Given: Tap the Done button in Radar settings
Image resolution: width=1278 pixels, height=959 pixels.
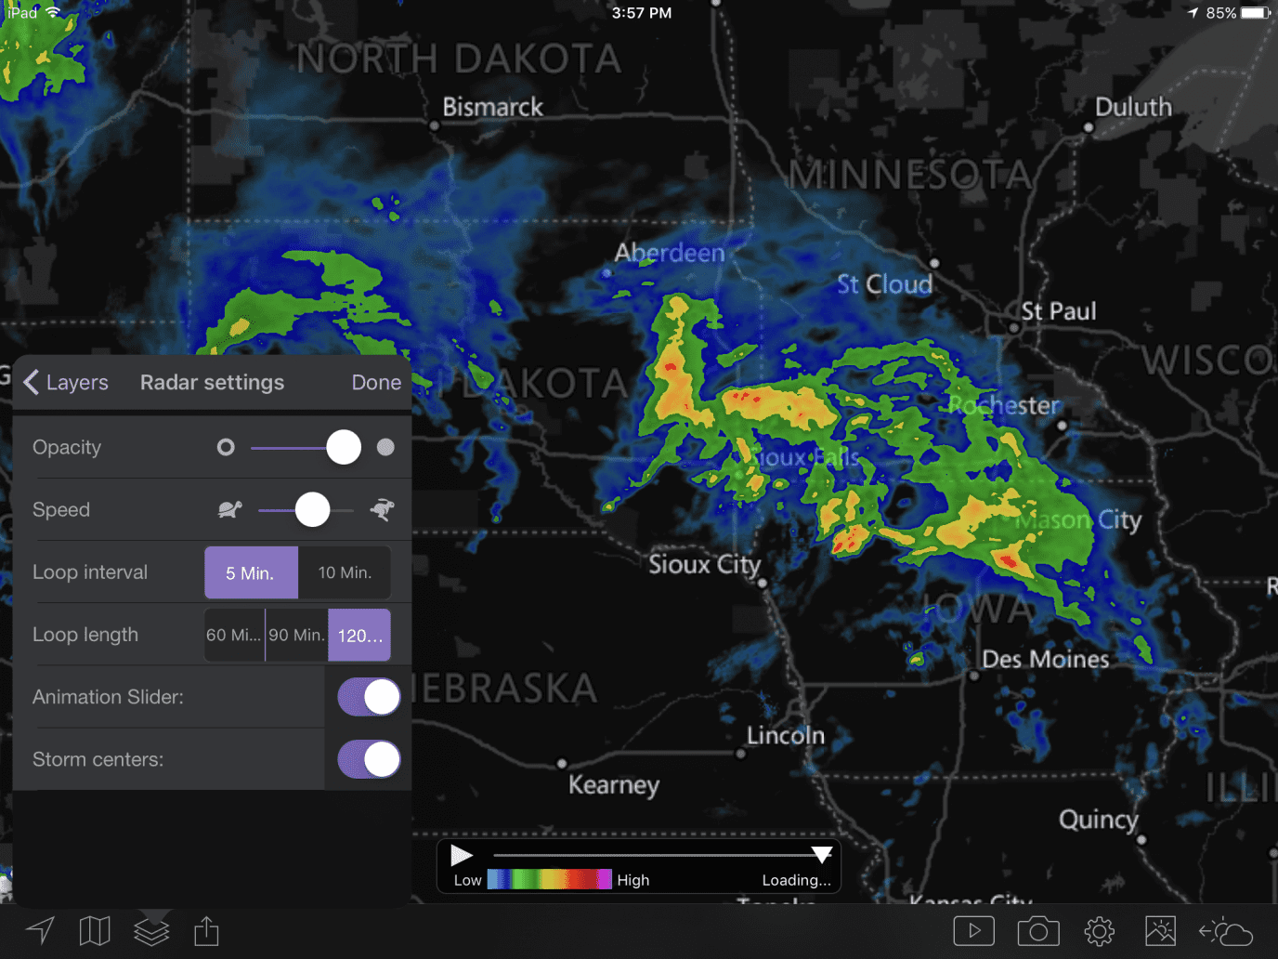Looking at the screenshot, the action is (376, 383).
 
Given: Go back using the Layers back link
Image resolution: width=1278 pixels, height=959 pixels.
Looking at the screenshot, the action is (66, 383).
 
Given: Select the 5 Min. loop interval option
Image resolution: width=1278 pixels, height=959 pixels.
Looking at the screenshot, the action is (251, 572).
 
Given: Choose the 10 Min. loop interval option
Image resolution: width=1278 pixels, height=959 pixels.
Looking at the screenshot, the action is (345, 572).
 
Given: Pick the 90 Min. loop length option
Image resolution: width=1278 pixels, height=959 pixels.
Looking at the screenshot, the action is (296, 636).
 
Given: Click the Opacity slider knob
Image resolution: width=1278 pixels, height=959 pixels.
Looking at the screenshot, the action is (344, 447).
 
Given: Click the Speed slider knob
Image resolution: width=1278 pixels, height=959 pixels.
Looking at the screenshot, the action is (312, 509).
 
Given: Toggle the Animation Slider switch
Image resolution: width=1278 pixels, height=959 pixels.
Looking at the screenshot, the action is (369, 697).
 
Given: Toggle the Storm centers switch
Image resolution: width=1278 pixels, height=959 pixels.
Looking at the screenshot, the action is (369, 759).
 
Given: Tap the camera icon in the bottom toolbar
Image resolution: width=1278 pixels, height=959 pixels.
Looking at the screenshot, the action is (1037, 930).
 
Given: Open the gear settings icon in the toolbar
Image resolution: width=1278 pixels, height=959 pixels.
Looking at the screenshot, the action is (1099, 930).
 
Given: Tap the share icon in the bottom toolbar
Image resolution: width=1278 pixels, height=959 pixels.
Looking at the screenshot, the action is (206, 930).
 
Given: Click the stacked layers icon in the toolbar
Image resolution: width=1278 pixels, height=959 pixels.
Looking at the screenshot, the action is (151, 930).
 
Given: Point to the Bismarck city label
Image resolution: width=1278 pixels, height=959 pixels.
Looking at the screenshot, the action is (492, 108).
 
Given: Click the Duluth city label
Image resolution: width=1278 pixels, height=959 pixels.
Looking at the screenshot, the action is (1133, 108).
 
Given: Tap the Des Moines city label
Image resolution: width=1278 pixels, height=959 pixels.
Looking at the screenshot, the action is (1046, 660).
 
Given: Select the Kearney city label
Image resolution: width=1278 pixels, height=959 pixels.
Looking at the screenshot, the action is (614, 785).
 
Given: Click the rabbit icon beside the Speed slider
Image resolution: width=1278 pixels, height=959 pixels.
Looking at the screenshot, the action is (382, 509).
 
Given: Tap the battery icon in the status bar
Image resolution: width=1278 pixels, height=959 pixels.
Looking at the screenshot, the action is (1255, 13).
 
